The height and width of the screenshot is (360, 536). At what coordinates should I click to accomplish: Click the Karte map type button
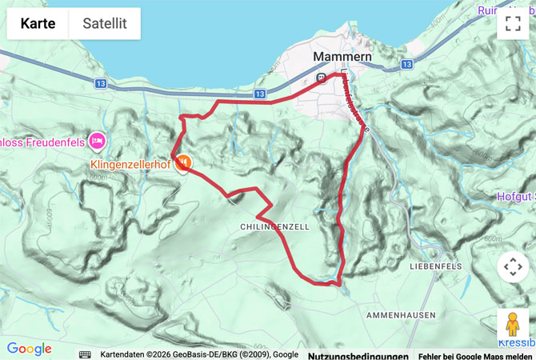[38, 23]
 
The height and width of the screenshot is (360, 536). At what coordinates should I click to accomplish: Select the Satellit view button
[105, 23]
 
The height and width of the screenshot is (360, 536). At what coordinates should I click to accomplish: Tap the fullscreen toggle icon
[513, 23]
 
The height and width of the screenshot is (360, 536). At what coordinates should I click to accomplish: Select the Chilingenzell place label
[274, 227]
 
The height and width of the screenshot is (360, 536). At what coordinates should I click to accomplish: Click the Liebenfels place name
[437, 265]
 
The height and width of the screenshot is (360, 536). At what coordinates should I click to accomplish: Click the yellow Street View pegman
[513, 325]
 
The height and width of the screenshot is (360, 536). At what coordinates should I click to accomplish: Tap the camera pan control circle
[513, 266]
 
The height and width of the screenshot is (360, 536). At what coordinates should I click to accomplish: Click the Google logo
[29, 349]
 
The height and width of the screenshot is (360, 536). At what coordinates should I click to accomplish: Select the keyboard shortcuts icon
[85, 354]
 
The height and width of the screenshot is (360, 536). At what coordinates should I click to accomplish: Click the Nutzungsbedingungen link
[358, 355]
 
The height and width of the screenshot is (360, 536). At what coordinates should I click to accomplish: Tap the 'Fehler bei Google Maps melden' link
[474, 355]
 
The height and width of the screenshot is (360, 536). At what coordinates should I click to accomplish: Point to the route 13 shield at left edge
[101, 82]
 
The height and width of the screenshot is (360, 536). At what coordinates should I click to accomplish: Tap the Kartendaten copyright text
[199, 354]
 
